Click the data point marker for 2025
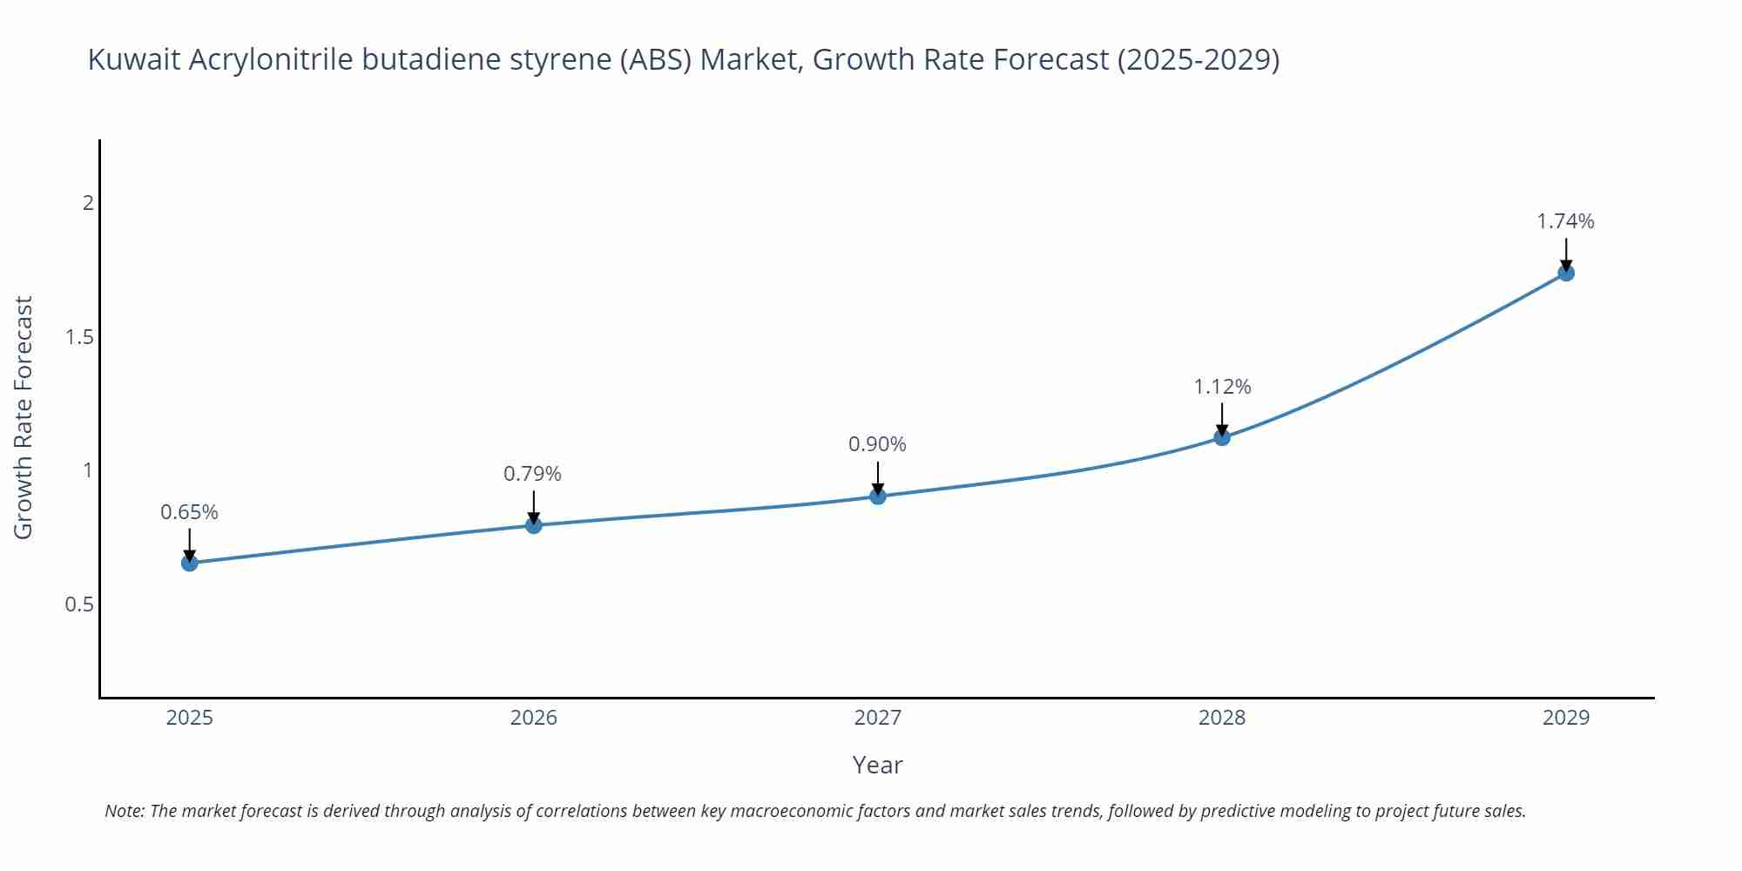pyautogui.click(x=190, y=563)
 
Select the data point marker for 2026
pyautogui.click(x=534, y=525)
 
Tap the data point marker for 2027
pyautogui.click(x=878, y=496)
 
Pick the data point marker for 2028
pyautogui.click(x=1222, y=437)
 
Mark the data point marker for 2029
pyautogui.click(x=1566, y=273)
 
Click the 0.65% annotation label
pyautogui.click(x=189, y=512)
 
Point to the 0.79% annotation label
pyautogui.click(x=532, y=474)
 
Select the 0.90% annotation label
pyautogui.click(x=877, y=444)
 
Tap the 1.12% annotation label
pyautogui.click(x=1222, y=387)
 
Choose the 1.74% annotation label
pyautogui.click(x=1565, y=221)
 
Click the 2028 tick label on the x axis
pyautogui.click(x=1222, y=718)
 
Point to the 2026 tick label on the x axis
pyautogui.click(x=534, y=718)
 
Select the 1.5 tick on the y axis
pyautogui.click(x=79, y=337)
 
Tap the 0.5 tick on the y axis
pyautogui.click(x=79, y=604)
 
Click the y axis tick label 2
pyautogui.click(x=87, y=203)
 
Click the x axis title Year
pyautogui.click(x=877, y=765)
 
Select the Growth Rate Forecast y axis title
pyautogui.click(x=24, y=417)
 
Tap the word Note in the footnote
pyautogui.click(x=124, y=811)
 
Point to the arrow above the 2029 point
pyautogui.click(x=1566, y=254)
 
